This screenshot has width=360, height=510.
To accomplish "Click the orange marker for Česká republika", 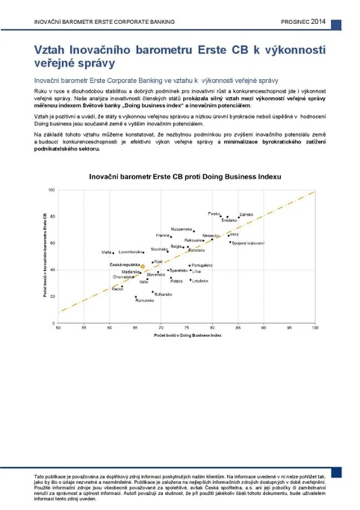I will (143, 266).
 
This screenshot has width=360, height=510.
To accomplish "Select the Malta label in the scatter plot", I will (106, 252).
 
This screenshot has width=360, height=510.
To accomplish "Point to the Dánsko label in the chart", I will (246, 215).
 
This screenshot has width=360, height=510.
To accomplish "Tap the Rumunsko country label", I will (145, 301).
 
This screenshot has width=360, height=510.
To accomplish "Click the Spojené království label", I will (247, 243).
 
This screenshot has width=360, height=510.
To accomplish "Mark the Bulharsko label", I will (163, 294).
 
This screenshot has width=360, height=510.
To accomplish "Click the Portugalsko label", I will (202, 265).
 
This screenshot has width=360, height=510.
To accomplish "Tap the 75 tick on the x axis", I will (187, 328).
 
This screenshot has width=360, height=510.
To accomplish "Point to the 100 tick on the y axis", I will (52, 190).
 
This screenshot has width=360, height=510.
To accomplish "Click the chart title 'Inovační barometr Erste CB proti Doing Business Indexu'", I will (186, 177).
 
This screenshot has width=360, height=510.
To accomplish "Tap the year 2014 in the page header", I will (318, 21).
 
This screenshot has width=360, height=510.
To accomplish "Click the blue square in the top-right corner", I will (336, 25).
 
